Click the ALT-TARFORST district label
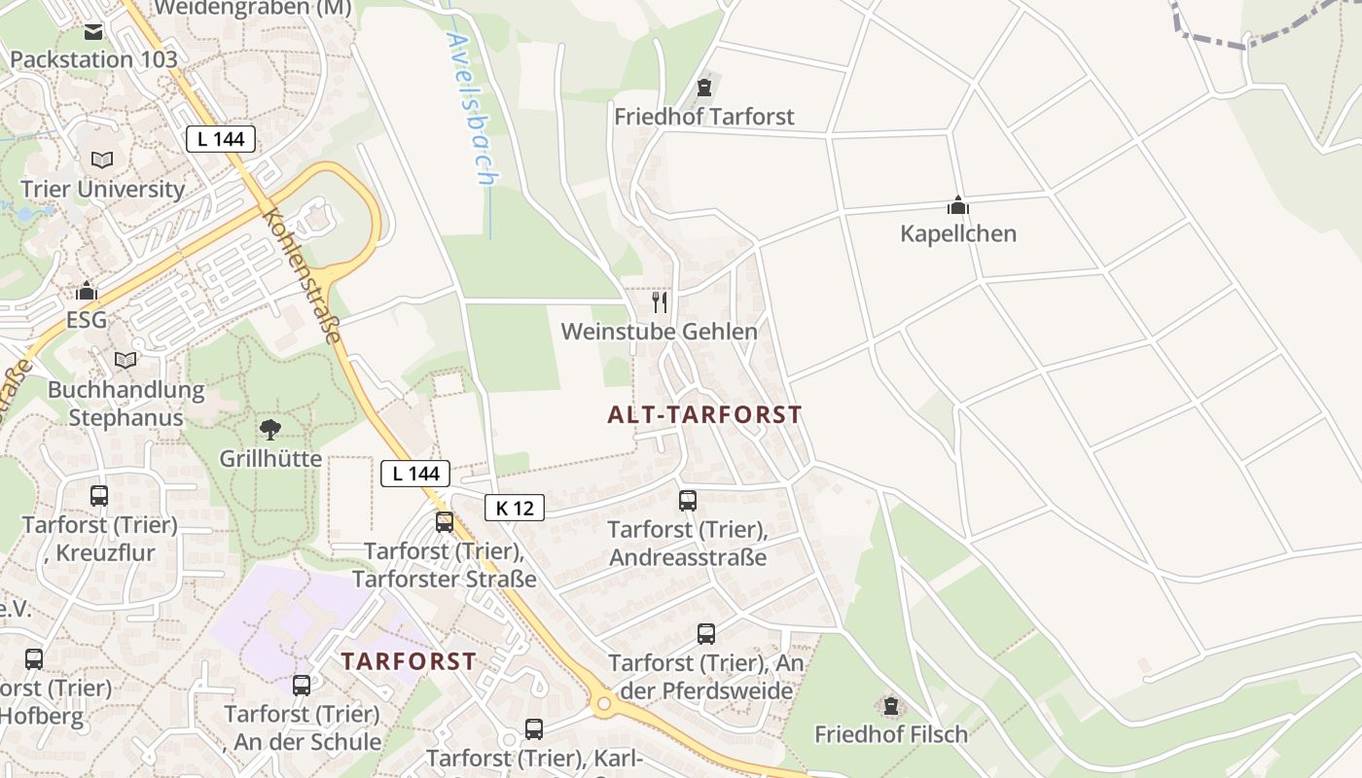pyautogui.click(x=704, y=415)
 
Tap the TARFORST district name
pyautogui.click(x=409, y=661)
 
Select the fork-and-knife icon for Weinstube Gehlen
pyautogui.click(x=660, y=302)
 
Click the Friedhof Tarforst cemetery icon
pyautogui.click(x=704, y=88)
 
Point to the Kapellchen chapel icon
pyautogui.click(x=958, y=205)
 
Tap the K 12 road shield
pyautogui.click(x=514, y=507)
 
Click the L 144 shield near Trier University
pyautogui.click(x=221, y=139)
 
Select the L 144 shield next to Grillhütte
pyautogui.click(x=415, y=474)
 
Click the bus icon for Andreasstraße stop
pyautogui.click(x=687, y=501)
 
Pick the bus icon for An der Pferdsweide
pyautogui.click(x=705, y=634)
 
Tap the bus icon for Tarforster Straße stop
pyautogui.click(x=445, y=522)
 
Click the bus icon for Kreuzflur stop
pyautogui.click(x=99, y=496)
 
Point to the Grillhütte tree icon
pyautogui.click(x=269, y=429)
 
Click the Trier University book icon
pyautogui.click(x=102, y=159)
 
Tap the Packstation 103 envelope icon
pyautogui.click(x=93, y=32)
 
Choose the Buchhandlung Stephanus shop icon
pyautogui.click(x=125, y=361)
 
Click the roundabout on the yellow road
pyautogui.click(x=603, y=702)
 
